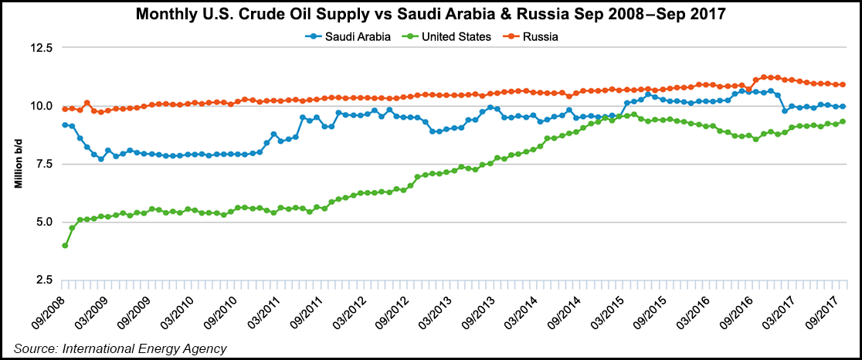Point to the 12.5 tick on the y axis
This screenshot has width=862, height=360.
click(x=39, y=48)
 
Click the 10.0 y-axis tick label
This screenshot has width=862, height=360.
click(x=39, y=106)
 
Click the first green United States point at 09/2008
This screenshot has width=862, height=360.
click(x=65, y=246)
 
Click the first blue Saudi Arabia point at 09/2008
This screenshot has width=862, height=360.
click(x=65, y=124)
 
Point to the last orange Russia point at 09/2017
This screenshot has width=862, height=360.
click(x=842, y=84)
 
